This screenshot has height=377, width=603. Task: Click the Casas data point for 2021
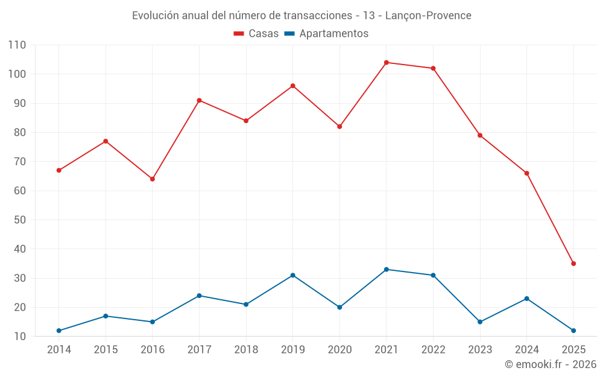(387, 63)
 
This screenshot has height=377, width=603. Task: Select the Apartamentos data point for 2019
(293, 275)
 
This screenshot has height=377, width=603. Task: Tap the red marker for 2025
(573, 264)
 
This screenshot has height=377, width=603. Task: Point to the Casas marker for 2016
(153, 179)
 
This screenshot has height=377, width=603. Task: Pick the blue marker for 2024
(527, 299)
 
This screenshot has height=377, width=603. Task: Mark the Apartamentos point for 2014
(59, 331)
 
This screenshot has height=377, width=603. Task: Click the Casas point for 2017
(199, 101)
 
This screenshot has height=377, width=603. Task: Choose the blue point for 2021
(387, 270)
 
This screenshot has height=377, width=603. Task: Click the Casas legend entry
(256, 34)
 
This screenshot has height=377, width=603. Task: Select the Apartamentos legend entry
(326, 34)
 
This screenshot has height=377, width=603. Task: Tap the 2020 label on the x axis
(339, 350)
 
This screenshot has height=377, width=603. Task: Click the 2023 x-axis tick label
(480, 350)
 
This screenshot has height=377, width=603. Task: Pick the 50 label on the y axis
(20, 220)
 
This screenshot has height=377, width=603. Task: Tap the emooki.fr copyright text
(551, 364)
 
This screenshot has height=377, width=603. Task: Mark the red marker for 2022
(433, 68)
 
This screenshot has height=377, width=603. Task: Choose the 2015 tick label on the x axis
(106, 350)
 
